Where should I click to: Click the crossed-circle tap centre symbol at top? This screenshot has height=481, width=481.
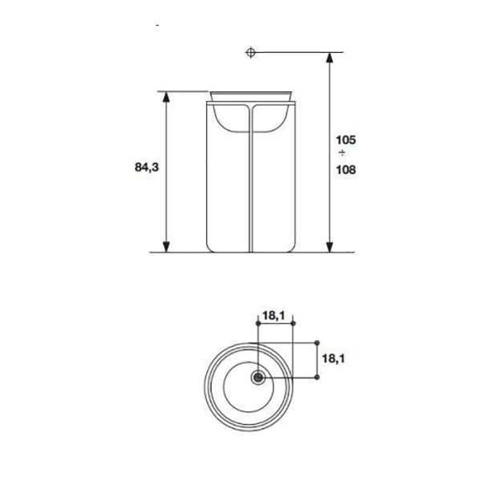click(251, 53)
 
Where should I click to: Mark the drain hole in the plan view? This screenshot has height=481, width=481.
click(258, 377)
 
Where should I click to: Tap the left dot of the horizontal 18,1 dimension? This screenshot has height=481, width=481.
click(258, 324)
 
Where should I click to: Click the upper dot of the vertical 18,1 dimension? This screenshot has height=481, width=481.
click(317, 341)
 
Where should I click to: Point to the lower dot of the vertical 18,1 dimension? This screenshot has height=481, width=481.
click(317, 376)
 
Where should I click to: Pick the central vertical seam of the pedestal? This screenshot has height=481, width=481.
click(251, 184)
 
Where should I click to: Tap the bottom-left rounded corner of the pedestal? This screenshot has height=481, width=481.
click(211, 245)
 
